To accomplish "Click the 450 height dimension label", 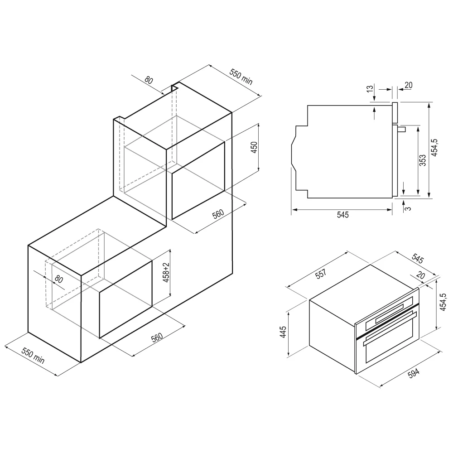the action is pos(254,147).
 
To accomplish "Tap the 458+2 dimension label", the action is pos(166,273).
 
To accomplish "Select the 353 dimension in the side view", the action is pos(423,160).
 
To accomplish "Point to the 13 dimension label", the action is pos(370,89).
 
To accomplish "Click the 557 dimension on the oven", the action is pos(321,274).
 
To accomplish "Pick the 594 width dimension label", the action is pos(414,373).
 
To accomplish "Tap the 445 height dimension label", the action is pos(283,332).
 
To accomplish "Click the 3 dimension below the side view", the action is pos(409,208).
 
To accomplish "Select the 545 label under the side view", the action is pos(343,215).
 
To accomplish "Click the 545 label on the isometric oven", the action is pos(418,259).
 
